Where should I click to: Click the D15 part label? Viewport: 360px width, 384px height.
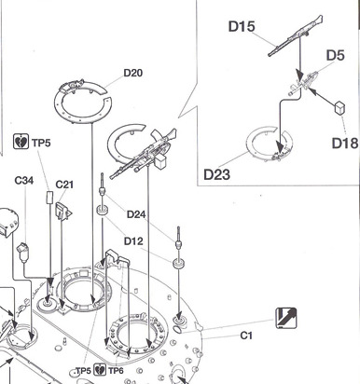tap(242, 26)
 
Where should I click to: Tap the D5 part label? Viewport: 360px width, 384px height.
tap(336, 55)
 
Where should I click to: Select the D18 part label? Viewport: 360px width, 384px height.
tap(345, 143)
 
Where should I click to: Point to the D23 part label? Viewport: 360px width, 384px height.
tap(216, 174)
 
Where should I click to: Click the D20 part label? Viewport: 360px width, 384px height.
tap(133, 73)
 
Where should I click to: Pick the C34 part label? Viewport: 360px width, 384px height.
tap(24, 180)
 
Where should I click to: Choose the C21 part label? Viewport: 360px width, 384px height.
tap(64, 185)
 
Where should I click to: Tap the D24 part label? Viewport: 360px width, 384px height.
tap(136, 214)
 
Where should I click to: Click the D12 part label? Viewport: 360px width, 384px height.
tap(133, 241)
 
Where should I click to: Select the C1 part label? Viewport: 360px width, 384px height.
tap(246, 336)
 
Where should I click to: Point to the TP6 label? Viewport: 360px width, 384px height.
tap(116, 370)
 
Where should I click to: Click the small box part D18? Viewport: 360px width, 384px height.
tap(340, 108)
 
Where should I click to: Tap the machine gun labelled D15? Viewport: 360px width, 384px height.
tap(296, 35)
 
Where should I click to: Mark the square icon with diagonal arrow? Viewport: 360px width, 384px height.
tap(286, 318)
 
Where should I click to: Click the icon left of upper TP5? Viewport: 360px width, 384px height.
tap(21, 142)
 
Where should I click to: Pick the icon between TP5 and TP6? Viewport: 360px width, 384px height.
tap(100, 369)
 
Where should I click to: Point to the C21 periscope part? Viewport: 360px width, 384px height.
tap(63, 212)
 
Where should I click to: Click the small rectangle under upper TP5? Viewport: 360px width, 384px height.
tap(50, 198)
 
